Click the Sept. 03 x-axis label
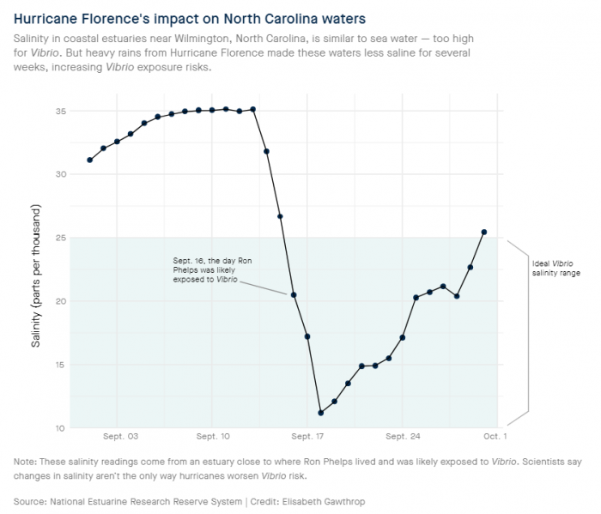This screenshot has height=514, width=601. [x=120, y=436]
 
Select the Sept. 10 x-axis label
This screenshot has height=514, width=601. [x=213, y=436]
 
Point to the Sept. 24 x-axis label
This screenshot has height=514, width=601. [x=402, y=436]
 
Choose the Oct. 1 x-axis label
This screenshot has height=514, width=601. [x=494, y=436]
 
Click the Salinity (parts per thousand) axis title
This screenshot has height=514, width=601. [x=36, y=276]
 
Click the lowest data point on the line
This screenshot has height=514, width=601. [x=321, y=413]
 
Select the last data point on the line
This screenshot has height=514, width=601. [x=484, y=232]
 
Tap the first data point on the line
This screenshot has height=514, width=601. [x=89, y=160]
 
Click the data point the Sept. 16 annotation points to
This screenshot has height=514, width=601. [x=294, y=295]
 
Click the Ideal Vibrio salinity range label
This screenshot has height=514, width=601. [x=555, y=268]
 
